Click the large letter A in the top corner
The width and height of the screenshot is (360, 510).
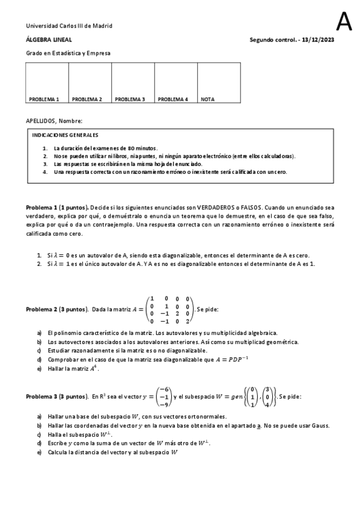[x=344, y=22]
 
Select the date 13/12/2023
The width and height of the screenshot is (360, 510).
[x=316, y=40]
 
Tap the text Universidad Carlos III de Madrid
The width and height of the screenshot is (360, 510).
[x=69, y=26]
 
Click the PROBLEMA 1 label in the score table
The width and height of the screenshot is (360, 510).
[x=44, y=99]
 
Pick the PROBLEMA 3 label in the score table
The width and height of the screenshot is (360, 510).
[x=130, y=99]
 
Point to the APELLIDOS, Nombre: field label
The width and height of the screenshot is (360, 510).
[x=54, y=121]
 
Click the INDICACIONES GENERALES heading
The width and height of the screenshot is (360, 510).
[x=65, y=135]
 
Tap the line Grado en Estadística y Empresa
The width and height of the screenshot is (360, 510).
[x=68, y=53]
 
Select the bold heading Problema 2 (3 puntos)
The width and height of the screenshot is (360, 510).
[x=58, y=309]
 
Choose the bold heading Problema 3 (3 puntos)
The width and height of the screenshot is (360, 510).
[x=58, y=397]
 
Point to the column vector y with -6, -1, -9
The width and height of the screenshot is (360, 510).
[x=162, y=397]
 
